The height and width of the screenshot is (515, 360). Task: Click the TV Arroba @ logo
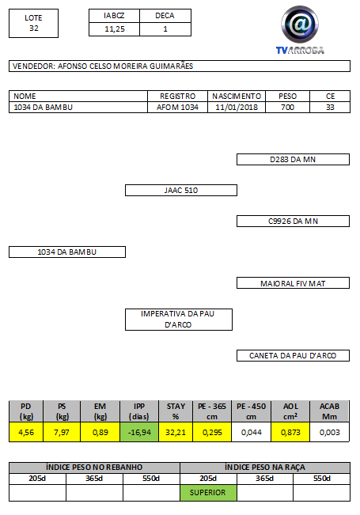pos(300,25)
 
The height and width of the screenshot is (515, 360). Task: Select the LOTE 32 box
pos(33,23)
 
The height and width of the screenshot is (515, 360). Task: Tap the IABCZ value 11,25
pos(114,29)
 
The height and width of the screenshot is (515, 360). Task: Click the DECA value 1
pos(165,29)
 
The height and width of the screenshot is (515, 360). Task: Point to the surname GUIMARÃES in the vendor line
pos(171,66)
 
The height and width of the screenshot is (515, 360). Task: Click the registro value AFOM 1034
pos(177,108)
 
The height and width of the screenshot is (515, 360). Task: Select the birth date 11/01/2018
pos(237,108)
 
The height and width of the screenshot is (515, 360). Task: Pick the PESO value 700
pos(287,108)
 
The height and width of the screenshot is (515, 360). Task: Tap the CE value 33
pos(330,108)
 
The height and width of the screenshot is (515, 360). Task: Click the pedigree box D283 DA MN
pos(293,159)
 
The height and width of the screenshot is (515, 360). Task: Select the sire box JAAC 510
pos(181,190)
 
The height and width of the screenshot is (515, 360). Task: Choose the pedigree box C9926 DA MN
pos(293,221)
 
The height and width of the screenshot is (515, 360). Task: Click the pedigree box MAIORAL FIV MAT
pos(293,283)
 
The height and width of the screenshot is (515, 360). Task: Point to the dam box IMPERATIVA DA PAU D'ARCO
pos(179,320)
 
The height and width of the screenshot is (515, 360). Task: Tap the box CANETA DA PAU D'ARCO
pos(293,355)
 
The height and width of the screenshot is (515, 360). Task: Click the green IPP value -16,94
pos(139,432)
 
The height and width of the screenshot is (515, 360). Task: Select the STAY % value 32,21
pos(176,432)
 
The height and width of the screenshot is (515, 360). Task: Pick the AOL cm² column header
pos(290,411)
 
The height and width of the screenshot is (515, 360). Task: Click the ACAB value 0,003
pos(329,432)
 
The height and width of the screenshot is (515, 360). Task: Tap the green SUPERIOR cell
pos(208,493)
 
